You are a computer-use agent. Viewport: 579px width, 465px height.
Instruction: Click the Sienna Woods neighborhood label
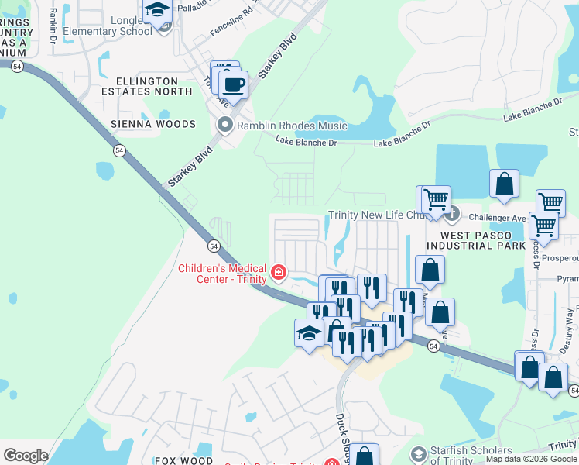pos(153,124)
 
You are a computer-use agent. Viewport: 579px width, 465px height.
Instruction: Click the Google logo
pos(25,456)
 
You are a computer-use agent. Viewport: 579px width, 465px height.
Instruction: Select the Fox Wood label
pos(183,460)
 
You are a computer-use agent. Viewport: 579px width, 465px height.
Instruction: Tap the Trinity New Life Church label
pos(378,215)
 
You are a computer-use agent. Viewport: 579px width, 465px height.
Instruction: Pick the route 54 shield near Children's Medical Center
pos(212,245)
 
